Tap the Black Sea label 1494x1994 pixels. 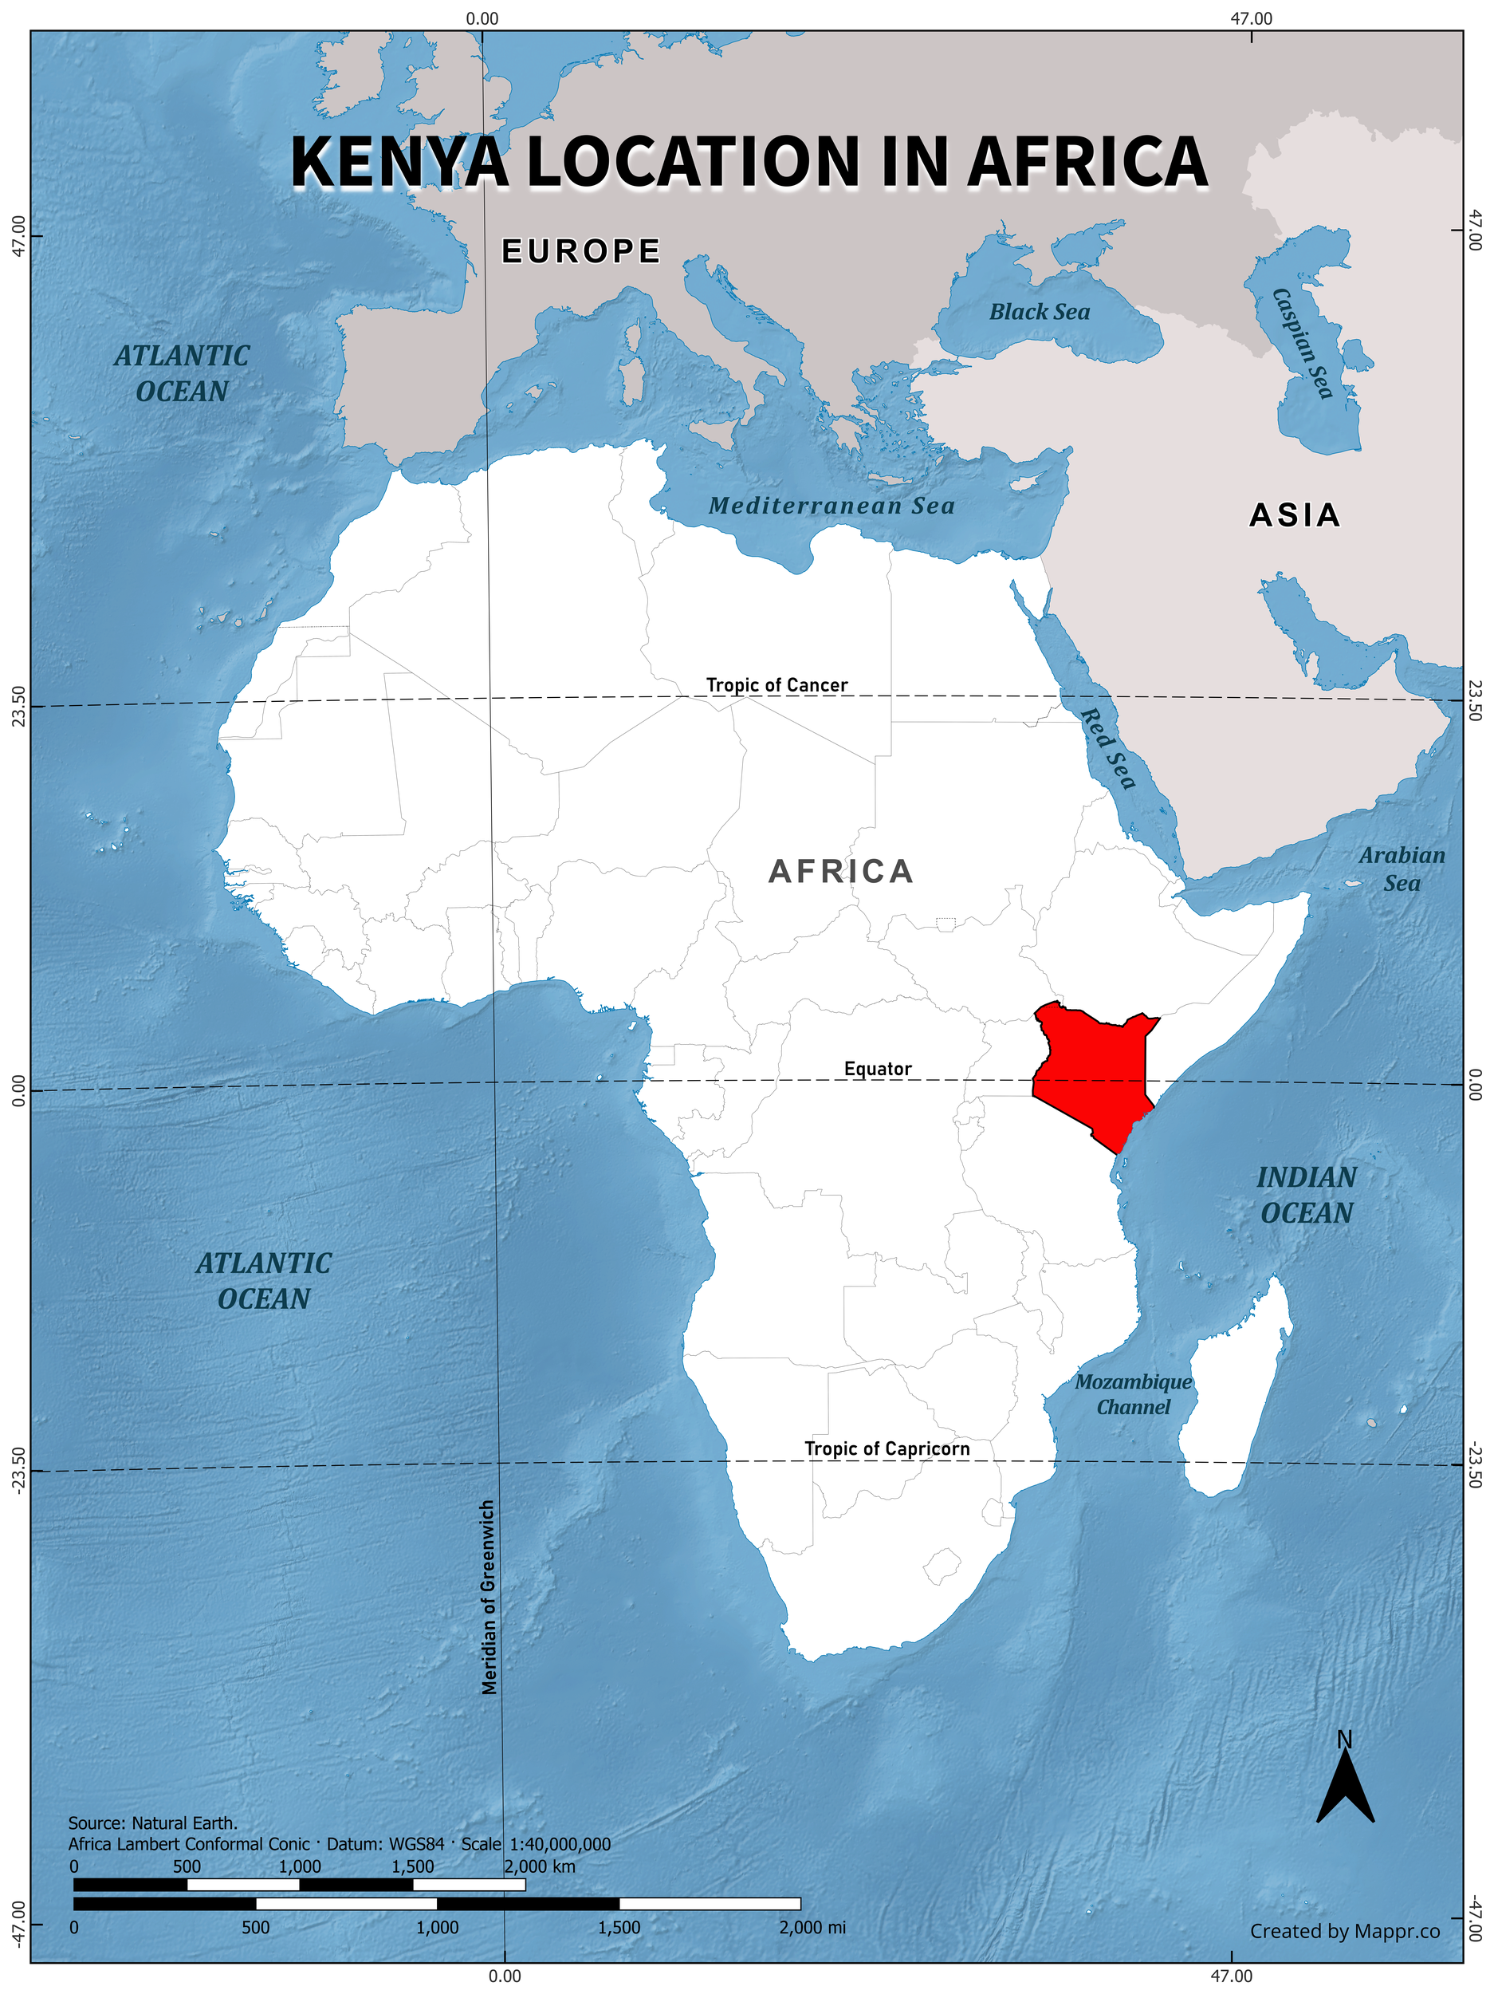click(1039, 312)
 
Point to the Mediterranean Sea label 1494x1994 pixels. click(831, 506)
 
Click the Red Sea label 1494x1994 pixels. click(1107, 747)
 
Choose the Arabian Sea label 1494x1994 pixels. click(1402, 869)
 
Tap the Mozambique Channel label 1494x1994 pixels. click(1133, 1393)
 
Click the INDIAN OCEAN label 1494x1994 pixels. click(1307, 1195)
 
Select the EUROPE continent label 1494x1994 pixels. click(581, 251)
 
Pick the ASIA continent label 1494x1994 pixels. click(1295, 515)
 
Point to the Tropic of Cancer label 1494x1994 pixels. click(776, 685)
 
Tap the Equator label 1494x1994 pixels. click(877, 1068)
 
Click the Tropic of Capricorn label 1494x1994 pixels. click(887, 1448)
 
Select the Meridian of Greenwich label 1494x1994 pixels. click(489, 1597)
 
